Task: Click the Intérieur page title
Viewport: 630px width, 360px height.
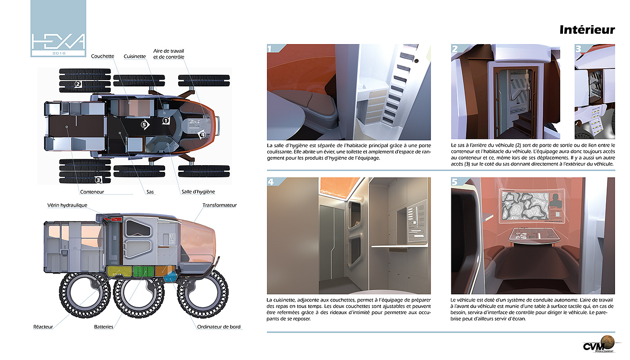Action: click(x=587, y=30)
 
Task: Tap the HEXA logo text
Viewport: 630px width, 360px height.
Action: click(x=58, y=41)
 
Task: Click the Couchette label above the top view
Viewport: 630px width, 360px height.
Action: click(x=103, y=56)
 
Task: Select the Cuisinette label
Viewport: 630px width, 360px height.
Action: click(x=135, y=56)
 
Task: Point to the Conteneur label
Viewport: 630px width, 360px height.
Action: click(x=92, y=192)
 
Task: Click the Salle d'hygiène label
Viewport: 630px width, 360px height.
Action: click(x=198, y=192)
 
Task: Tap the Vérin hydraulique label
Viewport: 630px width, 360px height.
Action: click(x=67, y=205)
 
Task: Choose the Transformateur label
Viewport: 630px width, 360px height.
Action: click(x=220, y=205)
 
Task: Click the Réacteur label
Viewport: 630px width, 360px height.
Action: click(x=43, y=327)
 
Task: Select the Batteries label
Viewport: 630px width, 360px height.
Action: click(x=103, y=327)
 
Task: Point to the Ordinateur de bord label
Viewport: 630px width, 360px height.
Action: click(x=219, y=327)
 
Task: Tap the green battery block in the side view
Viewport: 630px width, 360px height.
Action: click(x=143, y=271)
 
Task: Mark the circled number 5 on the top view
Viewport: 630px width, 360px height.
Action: click(x=144, y=125)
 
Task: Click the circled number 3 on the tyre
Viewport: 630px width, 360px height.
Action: click(x=98, y=180)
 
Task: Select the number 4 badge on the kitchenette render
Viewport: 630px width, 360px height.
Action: click(x=270, y=182)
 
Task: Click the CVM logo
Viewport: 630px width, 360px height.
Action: click(x=598, y=344)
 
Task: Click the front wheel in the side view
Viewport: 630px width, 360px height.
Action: click(x=202, y=292)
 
